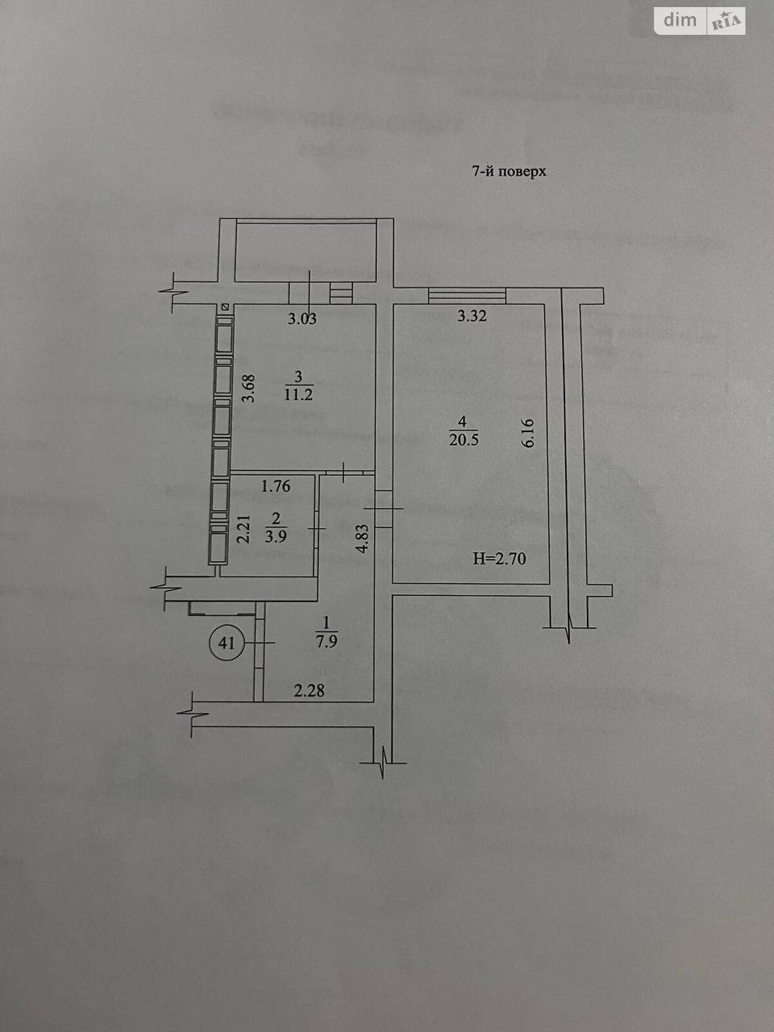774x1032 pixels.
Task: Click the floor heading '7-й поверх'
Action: [510, 172]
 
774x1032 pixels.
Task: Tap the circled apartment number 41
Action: [226, 642]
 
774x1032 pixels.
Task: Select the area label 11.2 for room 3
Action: [298, 395]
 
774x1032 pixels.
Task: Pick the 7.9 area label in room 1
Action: [327, 642]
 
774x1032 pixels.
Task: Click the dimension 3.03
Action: [302, 319]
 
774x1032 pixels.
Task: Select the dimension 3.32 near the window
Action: [471, 316]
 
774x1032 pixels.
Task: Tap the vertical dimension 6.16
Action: [530, 433]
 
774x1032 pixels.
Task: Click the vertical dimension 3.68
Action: [248, 388]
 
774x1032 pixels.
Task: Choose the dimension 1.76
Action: [275, 486]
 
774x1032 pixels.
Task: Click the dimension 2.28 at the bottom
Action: [309, 691]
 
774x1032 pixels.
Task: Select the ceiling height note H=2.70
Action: [499, 559]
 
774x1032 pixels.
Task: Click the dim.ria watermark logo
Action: [700, 21]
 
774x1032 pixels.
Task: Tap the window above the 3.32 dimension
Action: [466, 295]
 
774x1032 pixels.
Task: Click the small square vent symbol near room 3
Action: [224, 308]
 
